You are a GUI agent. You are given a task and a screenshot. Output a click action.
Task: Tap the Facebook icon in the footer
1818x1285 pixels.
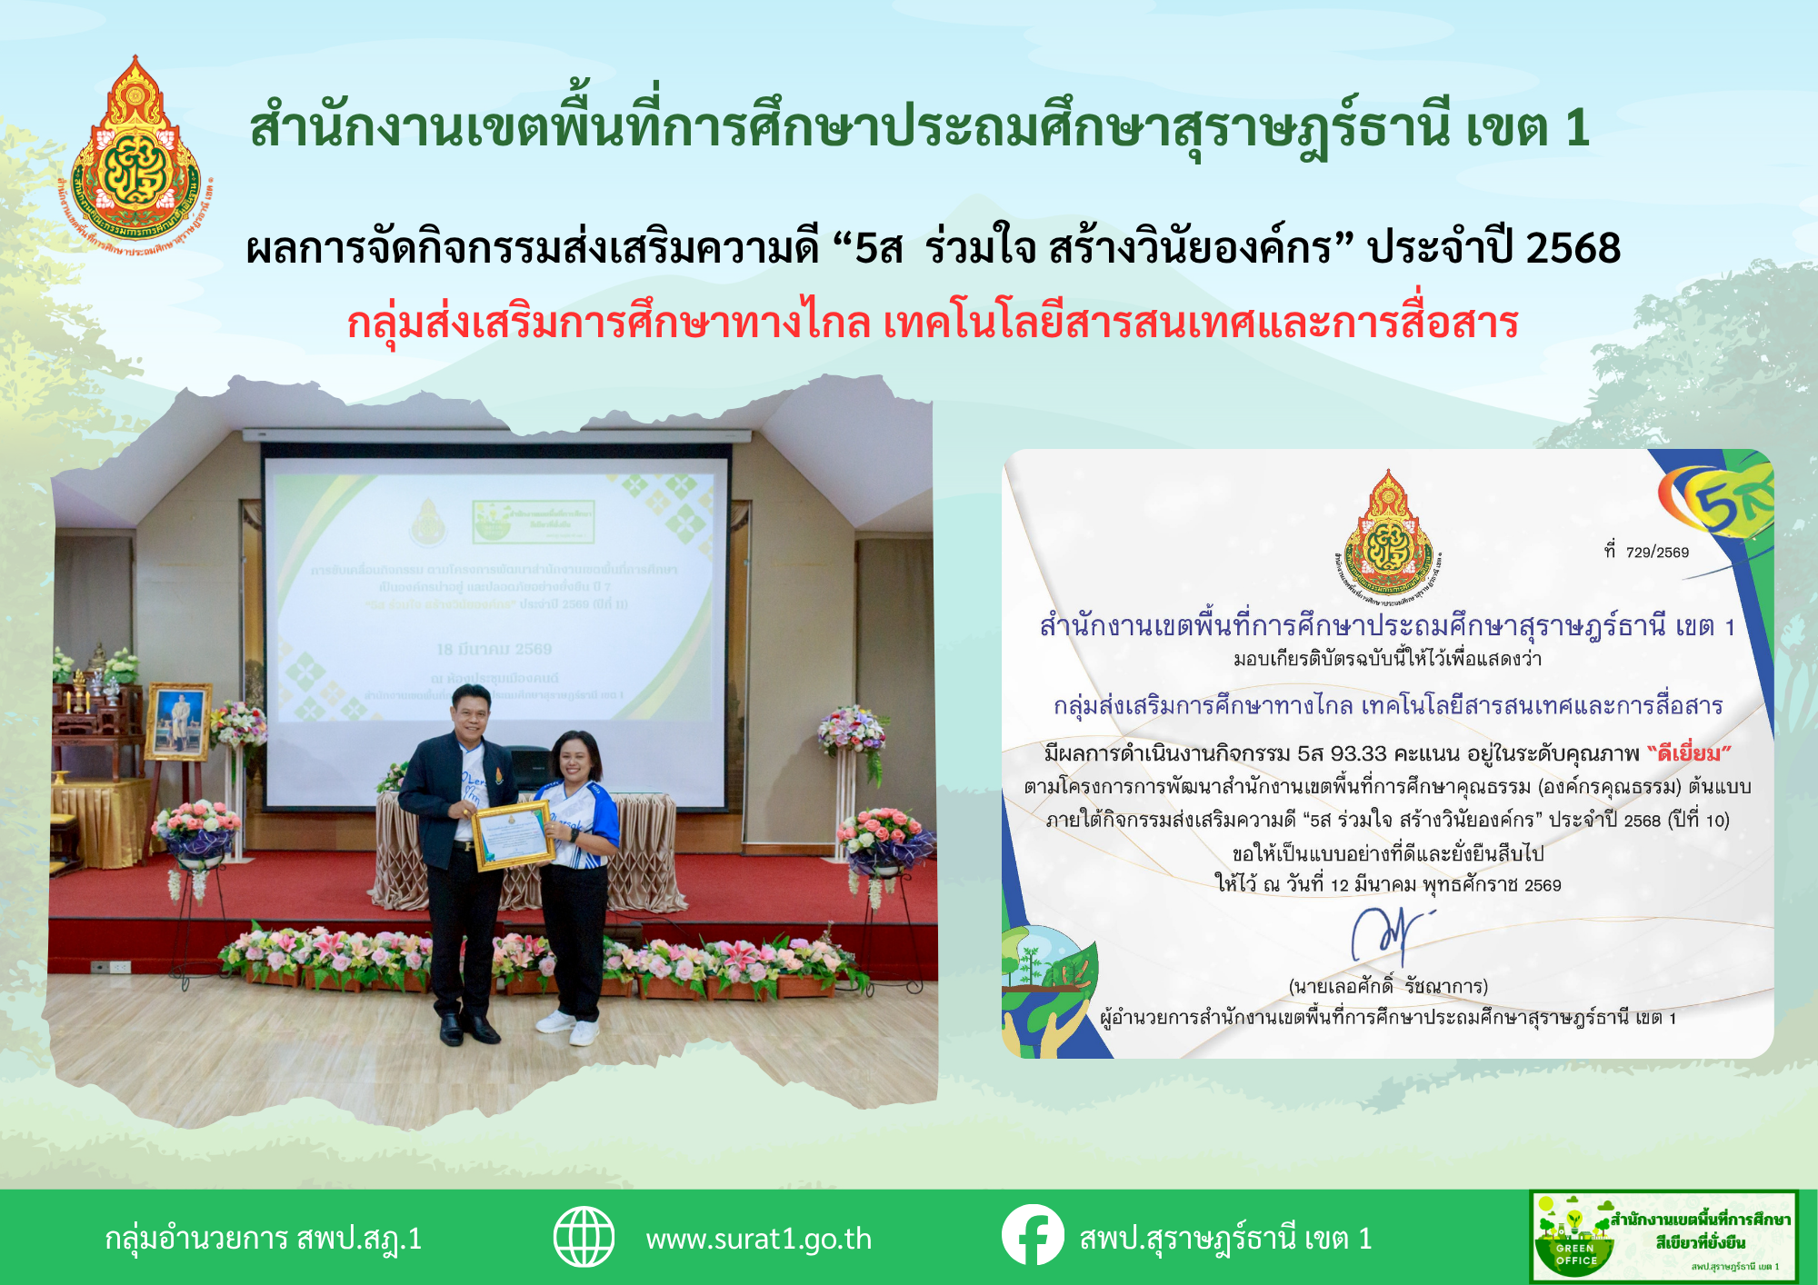click(x=1033, y=1235)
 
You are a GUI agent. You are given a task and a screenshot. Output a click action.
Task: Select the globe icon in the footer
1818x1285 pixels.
click(x=584, y=1237)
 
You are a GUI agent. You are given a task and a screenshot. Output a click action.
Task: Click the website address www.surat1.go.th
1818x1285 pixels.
click(x=758, y=1239)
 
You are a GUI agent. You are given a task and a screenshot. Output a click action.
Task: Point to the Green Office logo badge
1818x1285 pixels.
click(x=1663, y=1237)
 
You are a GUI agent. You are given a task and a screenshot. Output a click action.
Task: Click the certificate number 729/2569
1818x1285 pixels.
click(x=1656, y=552)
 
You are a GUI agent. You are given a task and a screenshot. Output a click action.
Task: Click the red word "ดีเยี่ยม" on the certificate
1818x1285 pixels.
click(x=1689, y=753)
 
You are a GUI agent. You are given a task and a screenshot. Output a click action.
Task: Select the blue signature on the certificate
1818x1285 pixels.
click(x=1385, y=936)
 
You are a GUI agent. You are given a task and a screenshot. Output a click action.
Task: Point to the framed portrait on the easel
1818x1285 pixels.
click(x=177, y=722)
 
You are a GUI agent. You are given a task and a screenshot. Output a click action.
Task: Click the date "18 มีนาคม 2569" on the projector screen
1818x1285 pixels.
click(x=494, y=649)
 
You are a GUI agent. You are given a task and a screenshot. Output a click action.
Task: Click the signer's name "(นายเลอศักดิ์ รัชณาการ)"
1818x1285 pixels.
click(x=1387, y=986)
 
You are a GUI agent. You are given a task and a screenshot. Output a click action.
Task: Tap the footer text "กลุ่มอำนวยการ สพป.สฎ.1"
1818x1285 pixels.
click(x=263, y=1239)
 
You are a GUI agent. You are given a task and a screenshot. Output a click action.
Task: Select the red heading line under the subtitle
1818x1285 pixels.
click(x=932, y=323)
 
